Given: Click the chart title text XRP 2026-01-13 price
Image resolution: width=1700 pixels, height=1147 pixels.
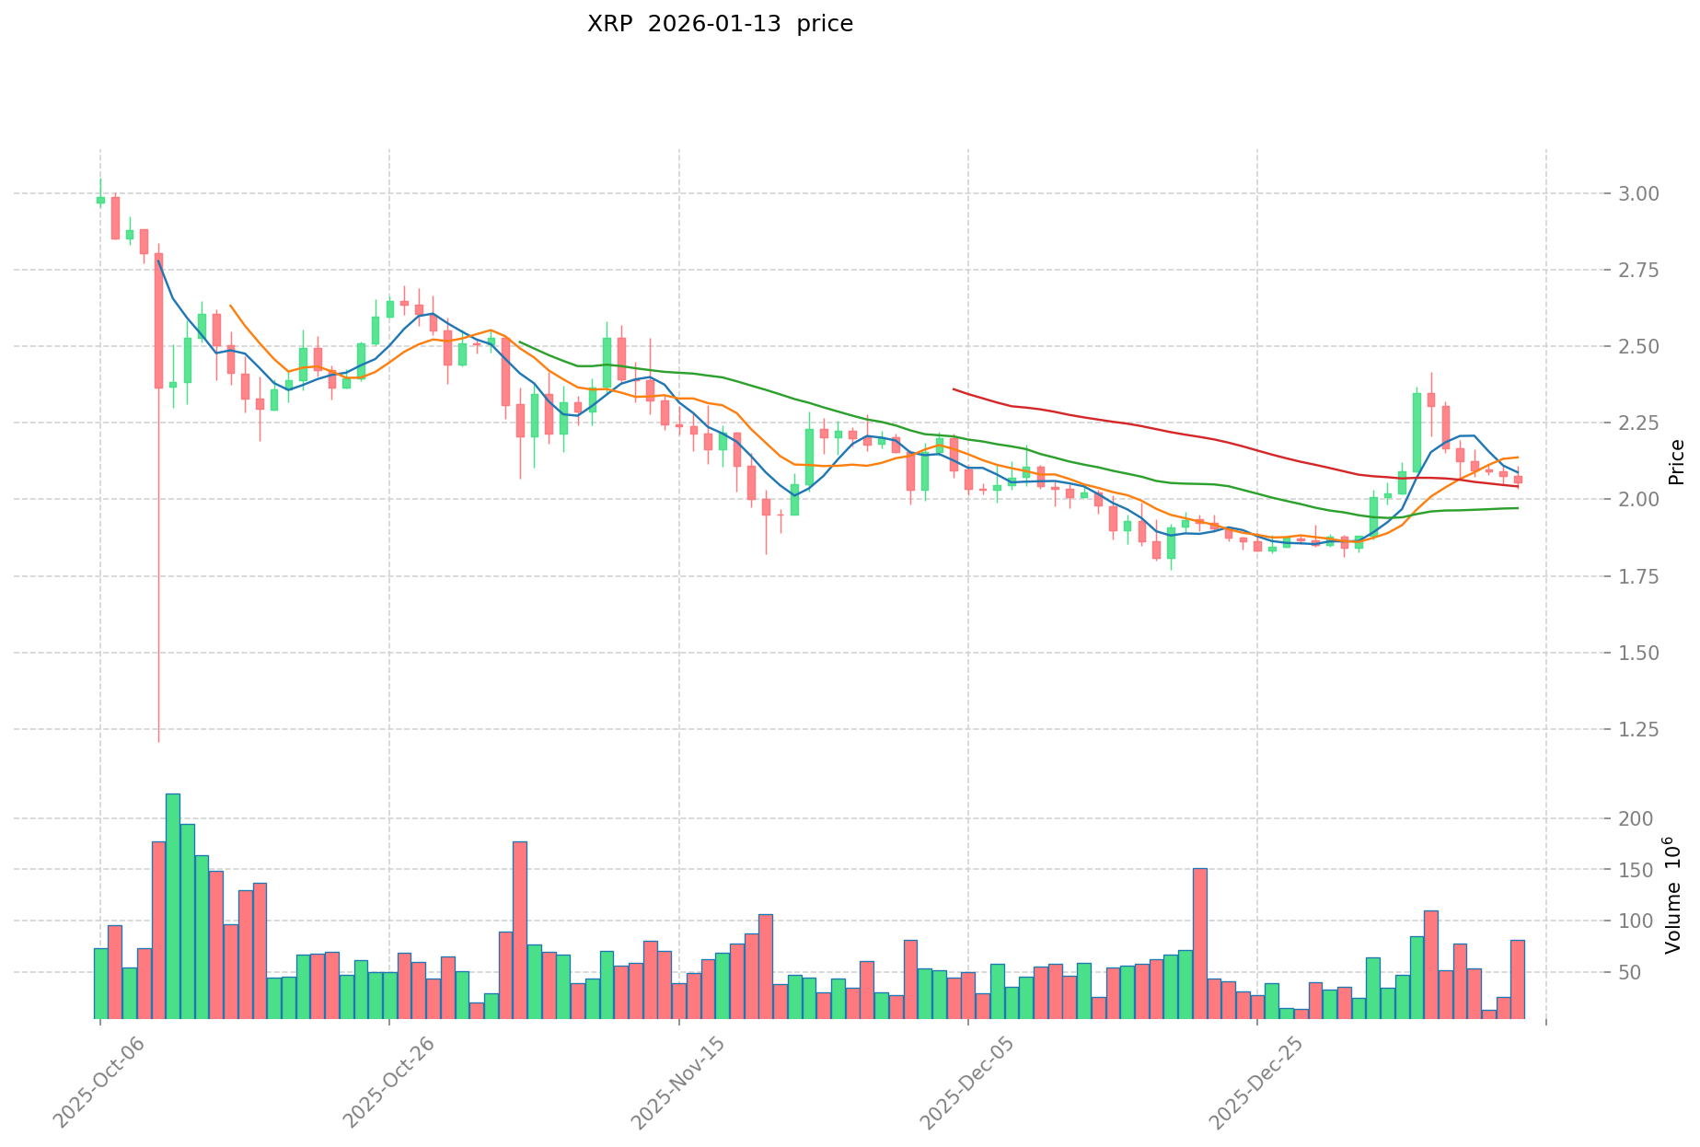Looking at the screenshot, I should click(x=720, y=25).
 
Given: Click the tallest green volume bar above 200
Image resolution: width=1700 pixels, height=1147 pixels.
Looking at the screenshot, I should click(x=173, y=907).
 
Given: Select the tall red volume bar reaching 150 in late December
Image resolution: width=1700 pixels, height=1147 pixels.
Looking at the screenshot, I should click(x=1199, y=944).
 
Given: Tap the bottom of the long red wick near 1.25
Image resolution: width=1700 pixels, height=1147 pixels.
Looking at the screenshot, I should click(x=158, y=740).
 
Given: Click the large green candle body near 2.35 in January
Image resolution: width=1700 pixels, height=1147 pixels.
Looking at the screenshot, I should click(x=1417, y=432).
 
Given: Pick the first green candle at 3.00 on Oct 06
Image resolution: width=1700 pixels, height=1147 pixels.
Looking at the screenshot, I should click(x=100, y=200).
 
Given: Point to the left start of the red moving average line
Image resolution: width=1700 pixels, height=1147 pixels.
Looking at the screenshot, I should click(x=954, y=389).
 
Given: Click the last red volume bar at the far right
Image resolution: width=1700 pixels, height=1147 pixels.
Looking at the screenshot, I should click(x=1517, y=979).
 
